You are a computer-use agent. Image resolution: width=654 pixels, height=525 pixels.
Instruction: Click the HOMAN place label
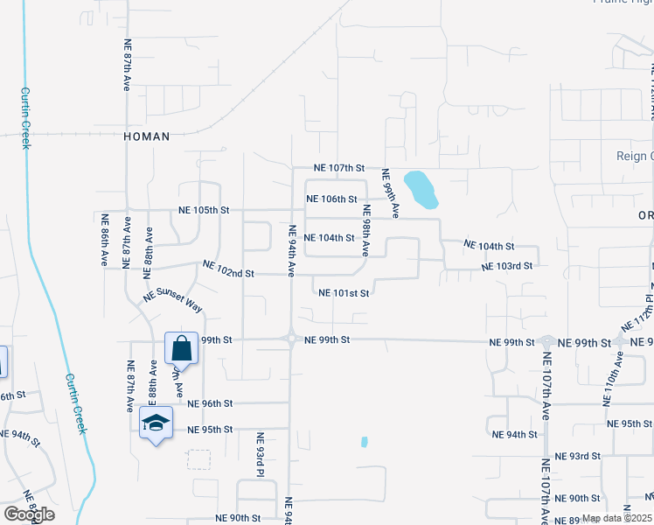click(146, 136)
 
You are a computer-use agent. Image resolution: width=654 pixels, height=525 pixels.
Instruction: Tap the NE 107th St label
click(339, 167)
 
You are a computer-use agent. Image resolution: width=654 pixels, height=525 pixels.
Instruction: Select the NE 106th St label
click(331, 199)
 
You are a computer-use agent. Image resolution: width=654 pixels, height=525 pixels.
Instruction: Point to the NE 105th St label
click(203, 211)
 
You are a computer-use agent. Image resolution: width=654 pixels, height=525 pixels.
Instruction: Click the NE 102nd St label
click(228, 273)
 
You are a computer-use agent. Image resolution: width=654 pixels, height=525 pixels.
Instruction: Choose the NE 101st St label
click(344, 293)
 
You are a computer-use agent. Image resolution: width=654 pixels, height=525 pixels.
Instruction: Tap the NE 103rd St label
click(507, 265)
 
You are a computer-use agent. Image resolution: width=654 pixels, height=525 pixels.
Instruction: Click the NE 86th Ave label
click(104, 240)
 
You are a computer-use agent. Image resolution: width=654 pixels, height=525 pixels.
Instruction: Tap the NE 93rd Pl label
click(260, 455)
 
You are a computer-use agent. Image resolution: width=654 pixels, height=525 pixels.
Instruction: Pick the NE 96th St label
click(210, 403)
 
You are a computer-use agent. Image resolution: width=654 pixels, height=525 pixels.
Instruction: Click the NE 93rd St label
click(578, 456)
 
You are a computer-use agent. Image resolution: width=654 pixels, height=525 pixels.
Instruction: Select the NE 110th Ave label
click(609, 378)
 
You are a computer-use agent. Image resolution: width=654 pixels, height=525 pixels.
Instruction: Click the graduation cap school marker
click(156, 423)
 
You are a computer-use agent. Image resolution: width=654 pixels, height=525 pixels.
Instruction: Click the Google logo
click(29, 514)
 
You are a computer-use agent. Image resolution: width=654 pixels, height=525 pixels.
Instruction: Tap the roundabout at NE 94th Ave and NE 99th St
click(290, 339)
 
